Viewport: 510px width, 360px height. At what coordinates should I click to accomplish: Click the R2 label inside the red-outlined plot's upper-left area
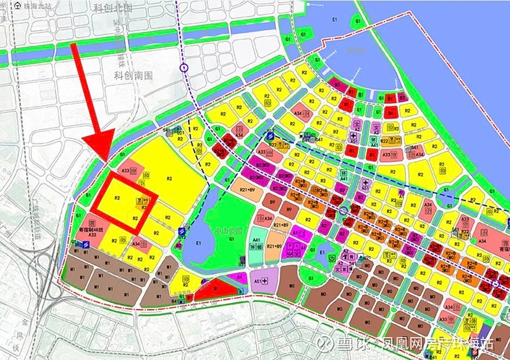pos(117,198)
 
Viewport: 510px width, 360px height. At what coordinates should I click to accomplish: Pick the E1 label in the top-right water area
pos(334,20)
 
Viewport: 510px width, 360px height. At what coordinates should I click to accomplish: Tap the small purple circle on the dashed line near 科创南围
pos(184,67)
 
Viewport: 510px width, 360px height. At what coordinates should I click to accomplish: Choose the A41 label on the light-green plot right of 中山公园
pos(256,240)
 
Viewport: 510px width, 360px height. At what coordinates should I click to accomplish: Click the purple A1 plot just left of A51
pos(238,277)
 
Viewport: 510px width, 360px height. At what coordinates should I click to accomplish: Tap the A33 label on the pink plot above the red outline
pos(126,171)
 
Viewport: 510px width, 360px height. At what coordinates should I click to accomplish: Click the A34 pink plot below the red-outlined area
pos(136,243)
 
